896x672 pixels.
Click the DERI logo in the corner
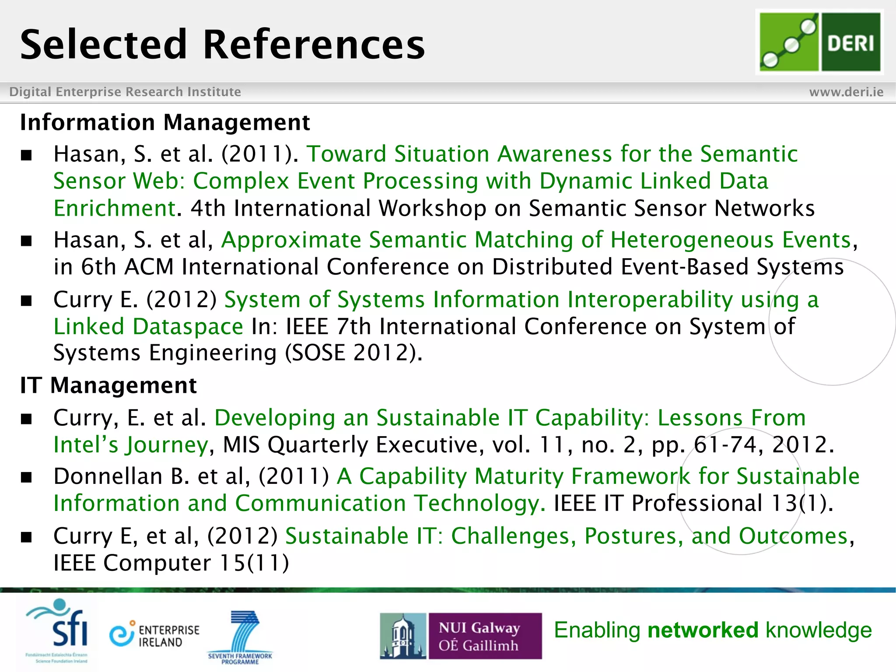819,42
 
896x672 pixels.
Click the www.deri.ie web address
846,92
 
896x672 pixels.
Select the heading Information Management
165,122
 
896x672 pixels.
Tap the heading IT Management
108,386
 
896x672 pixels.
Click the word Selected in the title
104,45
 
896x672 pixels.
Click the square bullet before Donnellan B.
27,477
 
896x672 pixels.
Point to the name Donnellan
108,476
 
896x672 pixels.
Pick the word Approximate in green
291,240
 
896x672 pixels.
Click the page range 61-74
725,445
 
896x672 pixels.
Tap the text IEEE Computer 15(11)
171,563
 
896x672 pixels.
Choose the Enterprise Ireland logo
154,635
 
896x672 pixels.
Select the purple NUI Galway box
485,636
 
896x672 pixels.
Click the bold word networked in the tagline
703,630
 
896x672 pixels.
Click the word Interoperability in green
650,300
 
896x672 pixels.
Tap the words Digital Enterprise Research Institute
125,92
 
